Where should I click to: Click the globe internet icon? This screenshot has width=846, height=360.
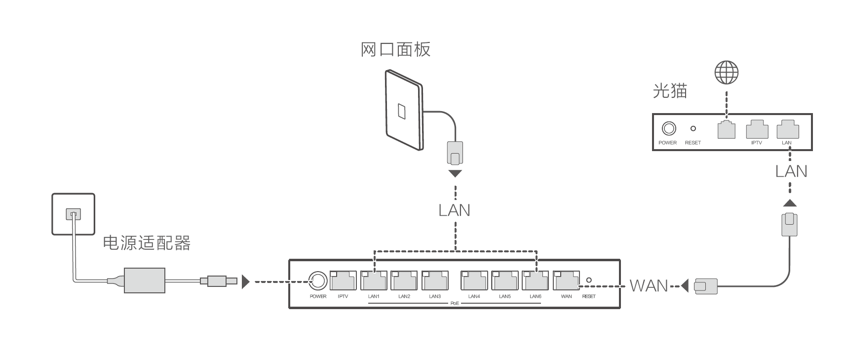click(x=727, y=73)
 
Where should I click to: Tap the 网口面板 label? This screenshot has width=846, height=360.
click(x=395, y=49)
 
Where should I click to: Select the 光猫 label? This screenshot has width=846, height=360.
click(x=670, y=90)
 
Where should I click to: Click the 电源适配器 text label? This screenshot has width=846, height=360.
click(x=146, y=242)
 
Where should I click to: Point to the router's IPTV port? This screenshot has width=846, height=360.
click(x=343, y=280)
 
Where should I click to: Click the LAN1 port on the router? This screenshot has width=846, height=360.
click(x=374, y=280)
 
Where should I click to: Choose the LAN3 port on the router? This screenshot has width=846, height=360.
click(x=435, y=280)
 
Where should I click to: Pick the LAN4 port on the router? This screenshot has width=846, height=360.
click(x=474, y=280)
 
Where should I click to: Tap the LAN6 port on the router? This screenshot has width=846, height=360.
click(x=535, y=280)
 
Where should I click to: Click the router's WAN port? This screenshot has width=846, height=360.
click(x=566, y=280)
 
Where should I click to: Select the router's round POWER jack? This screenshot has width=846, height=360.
click(x=317, y=281)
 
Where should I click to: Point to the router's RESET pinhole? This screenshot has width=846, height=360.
click(x=588, y=280)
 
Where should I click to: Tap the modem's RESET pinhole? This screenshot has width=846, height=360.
click(x=693, y=128)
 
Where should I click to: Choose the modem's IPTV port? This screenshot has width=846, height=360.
click(x=757, y=129)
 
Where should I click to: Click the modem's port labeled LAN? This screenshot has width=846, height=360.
click(x=787, y=129)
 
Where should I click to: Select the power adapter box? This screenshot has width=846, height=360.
click(x=144, y=280)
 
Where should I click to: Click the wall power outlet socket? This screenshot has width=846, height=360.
click(x=73, y=214)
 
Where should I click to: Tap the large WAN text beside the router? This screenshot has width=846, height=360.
click(x=649, y=286)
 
